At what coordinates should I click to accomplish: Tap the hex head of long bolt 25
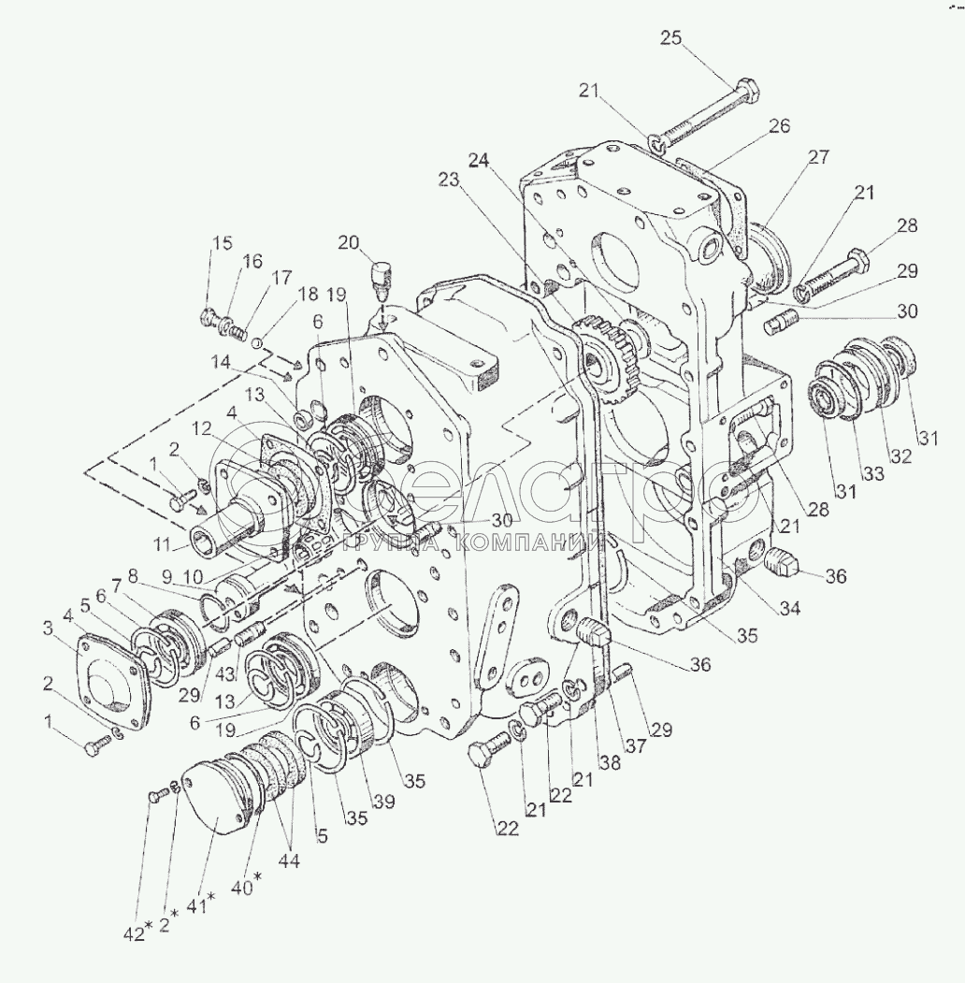click(x=746, y=94)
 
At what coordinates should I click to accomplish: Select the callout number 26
click(x=781, y=125)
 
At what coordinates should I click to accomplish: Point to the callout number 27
click(x=818, y=158)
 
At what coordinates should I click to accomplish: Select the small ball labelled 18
click(x=254, y=342)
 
